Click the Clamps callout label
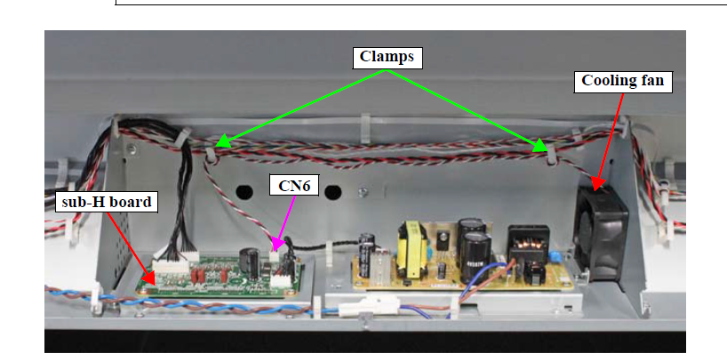point(387,58)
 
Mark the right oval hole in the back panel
point(333,191)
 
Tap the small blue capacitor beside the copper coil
point(555,258)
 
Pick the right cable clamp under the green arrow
point(551,155)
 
